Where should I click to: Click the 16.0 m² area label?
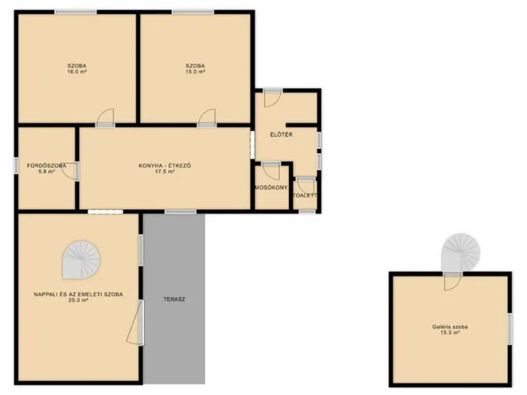pyautogui.click(x=77, y=72)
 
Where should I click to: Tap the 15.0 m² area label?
pyautogui.click(x=195, y=72)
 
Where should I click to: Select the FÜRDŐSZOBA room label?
pyautogui.click(x=46, y=165)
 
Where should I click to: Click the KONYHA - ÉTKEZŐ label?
pyautogui.click(x=165, y=165)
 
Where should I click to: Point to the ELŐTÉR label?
pyautogui.click(x=282, y=135)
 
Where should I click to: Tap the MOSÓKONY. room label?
pyautogui.click(x=272, y=188)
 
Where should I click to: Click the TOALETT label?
pyautogui.click(x=305, y=195)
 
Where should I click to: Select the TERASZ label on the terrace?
pyautogui.click(x=174, y=300)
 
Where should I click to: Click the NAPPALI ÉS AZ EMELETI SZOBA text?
pyautogui.click(x=78, y=295)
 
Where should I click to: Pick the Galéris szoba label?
pyautogui.click(x=450, y=327)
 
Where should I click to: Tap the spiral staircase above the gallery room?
pyautogui.click(x=461, y=252)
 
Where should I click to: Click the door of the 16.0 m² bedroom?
pyautogui.click(x=105, y=118)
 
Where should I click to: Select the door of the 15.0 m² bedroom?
pyautogui.click(x=207, y=118)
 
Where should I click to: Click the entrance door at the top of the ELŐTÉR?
pyautogui.click(x=273, y=98)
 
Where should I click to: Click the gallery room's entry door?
pyautogui.click(x=452, y=281)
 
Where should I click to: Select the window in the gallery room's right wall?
pyautogui.click(x=510, y=328)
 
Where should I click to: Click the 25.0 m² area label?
pyautogui.click(x=78, y=300)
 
